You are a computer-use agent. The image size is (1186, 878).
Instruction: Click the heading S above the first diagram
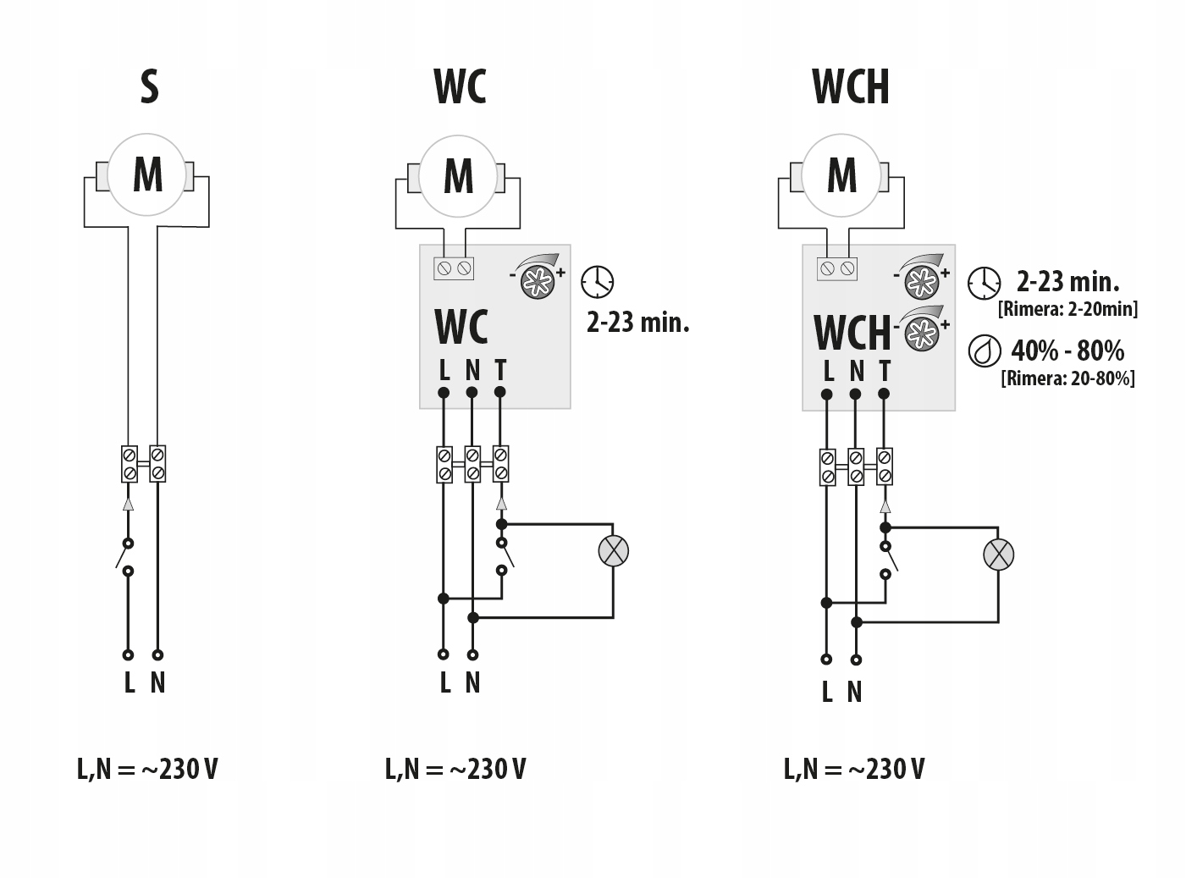[149, 87]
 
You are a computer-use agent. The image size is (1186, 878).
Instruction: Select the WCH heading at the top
[850, 87]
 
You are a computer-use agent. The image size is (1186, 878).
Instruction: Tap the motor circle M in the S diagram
[147, 175]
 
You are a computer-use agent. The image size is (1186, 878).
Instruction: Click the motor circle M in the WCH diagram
[841, 175]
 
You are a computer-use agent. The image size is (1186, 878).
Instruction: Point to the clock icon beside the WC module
[598, 282]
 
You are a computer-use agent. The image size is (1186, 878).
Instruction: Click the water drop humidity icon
[984, 351]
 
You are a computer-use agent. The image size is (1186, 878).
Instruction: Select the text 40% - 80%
[1067, 351]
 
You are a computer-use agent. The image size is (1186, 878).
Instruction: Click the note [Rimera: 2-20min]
[1067, 309]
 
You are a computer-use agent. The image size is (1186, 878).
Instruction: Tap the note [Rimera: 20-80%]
[1067, 378]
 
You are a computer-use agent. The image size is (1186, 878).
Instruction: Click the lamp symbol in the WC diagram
[614, 551]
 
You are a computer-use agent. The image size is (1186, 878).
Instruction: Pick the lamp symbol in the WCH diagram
[998, 555]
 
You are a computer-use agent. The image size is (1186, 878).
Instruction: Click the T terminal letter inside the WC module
[500, 370]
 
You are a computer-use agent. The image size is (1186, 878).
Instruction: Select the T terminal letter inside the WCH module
[885, 371]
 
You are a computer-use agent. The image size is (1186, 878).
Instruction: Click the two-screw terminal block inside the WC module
[454, 268]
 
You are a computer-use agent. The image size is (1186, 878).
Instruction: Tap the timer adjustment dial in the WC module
[539, 281]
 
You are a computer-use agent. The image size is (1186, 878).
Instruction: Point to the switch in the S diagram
[127, 556]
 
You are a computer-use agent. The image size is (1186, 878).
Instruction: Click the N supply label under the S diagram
[157, 682]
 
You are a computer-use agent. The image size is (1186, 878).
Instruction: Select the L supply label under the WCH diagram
[827, 693]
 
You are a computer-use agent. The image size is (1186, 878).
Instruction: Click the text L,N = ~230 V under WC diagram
[455, 769]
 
